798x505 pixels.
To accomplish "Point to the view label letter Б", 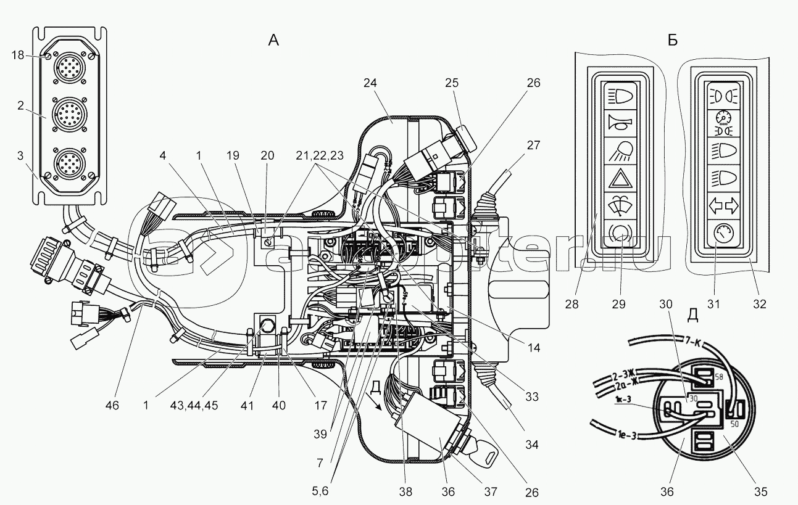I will [x=673, y=41].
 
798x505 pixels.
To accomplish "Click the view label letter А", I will [x=273, y=41].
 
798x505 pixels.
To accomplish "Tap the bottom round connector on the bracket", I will [x=67, y=163].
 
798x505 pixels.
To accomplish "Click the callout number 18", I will [x=17, y=55].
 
